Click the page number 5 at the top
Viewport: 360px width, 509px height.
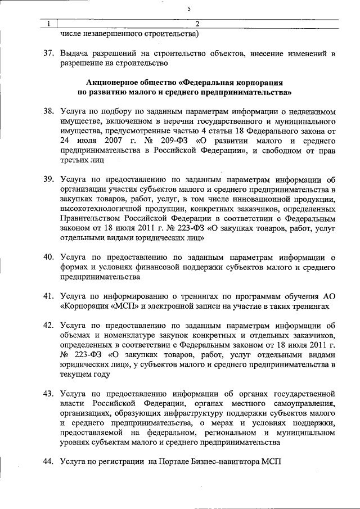pyautogui.click(x=190, y=8)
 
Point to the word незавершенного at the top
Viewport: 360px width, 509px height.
pyautogui.click(x=112, y=34)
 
